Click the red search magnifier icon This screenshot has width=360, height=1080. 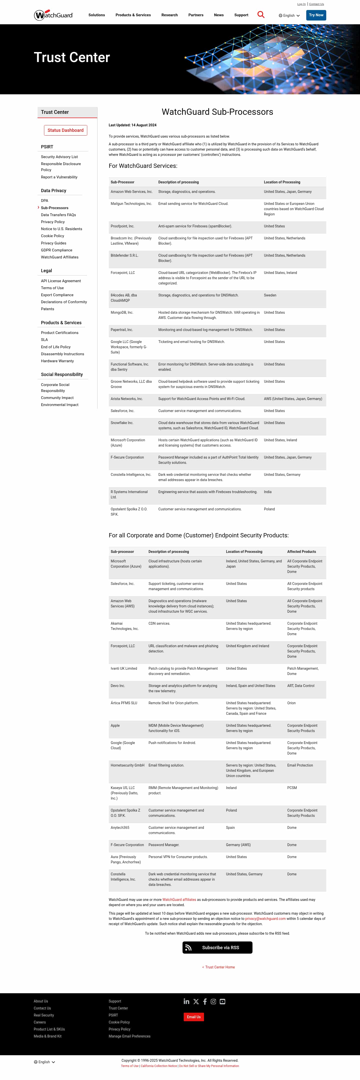261,15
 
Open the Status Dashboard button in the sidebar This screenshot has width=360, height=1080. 65,130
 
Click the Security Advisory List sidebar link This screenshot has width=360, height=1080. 59,157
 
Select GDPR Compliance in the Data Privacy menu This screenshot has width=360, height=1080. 56,250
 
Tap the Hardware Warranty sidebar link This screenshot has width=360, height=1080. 57,361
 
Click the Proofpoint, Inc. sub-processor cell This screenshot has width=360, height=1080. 122,226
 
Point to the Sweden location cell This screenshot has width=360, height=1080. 270,295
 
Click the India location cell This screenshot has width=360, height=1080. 268,492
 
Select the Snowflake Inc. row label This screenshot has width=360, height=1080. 122,423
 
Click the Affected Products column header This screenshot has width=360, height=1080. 301,552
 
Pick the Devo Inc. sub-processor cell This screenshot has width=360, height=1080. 118,686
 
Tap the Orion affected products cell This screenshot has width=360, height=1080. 291,703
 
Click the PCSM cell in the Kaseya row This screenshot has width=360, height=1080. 292,788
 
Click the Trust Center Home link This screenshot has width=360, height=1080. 219,967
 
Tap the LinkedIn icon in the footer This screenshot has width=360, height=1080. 186,1002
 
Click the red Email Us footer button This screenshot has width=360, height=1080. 193,1017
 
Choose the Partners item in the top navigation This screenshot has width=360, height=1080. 196,15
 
